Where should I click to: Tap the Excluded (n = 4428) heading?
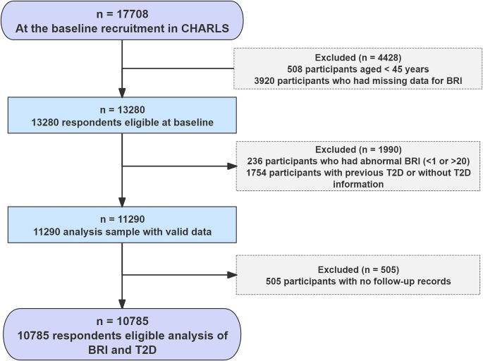pyautogui.click(x=360, y=58)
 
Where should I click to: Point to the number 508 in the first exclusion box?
pyautogui.click(x=298, y=70)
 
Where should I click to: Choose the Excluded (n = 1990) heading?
pyautogui.click(x=360, y=149)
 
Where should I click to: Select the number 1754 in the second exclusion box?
pyautogui.click(x=256, y=173)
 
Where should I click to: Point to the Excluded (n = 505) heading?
pyautogui.click(x=360, y=269)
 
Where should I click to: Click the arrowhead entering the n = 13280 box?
pyautogui.click(x=122, y=92)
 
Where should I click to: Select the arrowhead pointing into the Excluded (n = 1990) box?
pyautogui.click(x=233, y=167)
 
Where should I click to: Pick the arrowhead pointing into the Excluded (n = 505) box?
pyautogui.click(x=233, y=275)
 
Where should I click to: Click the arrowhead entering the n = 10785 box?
pyautogui.click(x=122, y=303)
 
